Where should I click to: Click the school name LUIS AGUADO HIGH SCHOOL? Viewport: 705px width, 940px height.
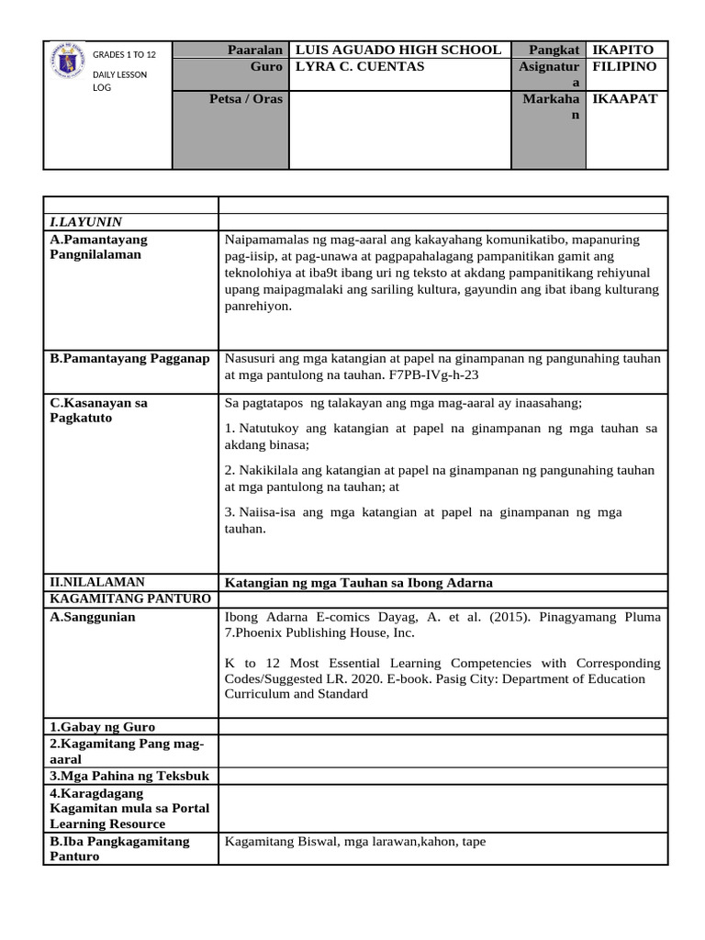tap(397, 50)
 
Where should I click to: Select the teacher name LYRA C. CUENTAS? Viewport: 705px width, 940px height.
tap(359, 67)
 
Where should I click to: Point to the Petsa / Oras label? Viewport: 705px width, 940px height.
tap(246, 99)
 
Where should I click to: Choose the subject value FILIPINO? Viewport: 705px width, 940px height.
tap(625, 67)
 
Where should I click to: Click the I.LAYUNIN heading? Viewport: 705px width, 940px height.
tap(86, 221)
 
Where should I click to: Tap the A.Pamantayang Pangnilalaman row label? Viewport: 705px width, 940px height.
tap(98, 247)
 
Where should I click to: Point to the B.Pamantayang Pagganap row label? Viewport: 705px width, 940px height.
tap(129, 358)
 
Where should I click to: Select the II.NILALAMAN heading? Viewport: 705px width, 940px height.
tap(96, 582)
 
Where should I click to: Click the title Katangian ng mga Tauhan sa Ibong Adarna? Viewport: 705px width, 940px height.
tap(359, 583)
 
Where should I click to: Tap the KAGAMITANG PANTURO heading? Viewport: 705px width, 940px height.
tap(129, 599)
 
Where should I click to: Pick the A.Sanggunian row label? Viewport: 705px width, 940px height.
tap(93, 617)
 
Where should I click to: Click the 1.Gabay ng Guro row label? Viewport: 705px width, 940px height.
tap(102, 727)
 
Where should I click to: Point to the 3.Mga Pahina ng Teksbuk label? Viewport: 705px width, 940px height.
tap(129, 776)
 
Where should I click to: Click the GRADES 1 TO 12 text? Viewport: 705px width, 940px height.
tap(125, 55)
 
